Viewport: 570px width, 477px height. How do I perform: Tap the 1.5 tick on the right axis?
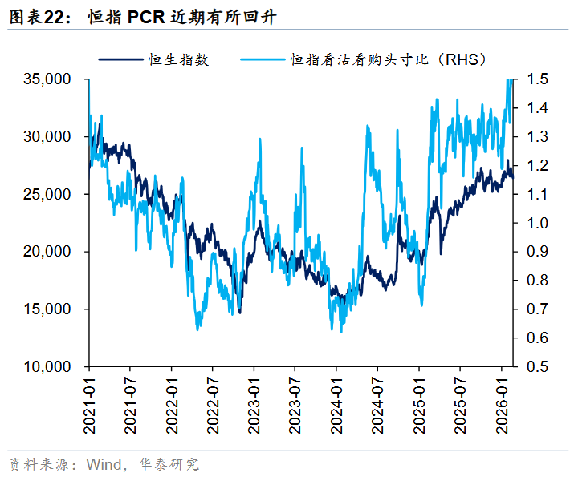pyautogui.click(x=538, y=79)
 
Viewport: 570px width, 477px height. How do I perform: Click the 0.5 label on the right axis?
pyautogui.click(x=538, y=366)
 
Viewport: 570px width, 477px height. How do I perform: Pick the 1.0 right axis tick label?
pyautogui.click(x=538, y=223)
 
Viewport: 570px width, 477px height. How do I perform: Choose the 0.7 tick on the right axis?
pyautogui.click(x=538, y=309)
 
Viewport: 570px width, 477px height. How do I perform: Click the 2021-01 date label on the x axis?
pyautogui.click(x=88, y=402)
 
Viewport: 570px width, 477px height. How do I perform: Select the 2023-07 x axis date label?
pyautogui.click(x=295, y=402)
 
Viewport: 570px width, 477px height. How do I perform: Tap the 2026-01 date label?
pyautogui.click(x=501, y=402)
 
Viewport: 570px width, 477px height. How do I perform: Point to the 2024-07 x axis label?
pyautogui.click(x=377, y=402)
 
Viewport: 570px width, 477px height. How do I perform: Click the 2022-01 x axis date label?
pyautogui.click(x=171, y=402)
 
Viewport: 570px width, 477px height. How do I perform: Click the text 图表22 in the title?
pyautogui.click(x=41, y=17)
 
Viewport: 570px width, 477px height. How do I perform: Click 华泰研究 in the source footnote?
pyautogui.click(x=173, y=464)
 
